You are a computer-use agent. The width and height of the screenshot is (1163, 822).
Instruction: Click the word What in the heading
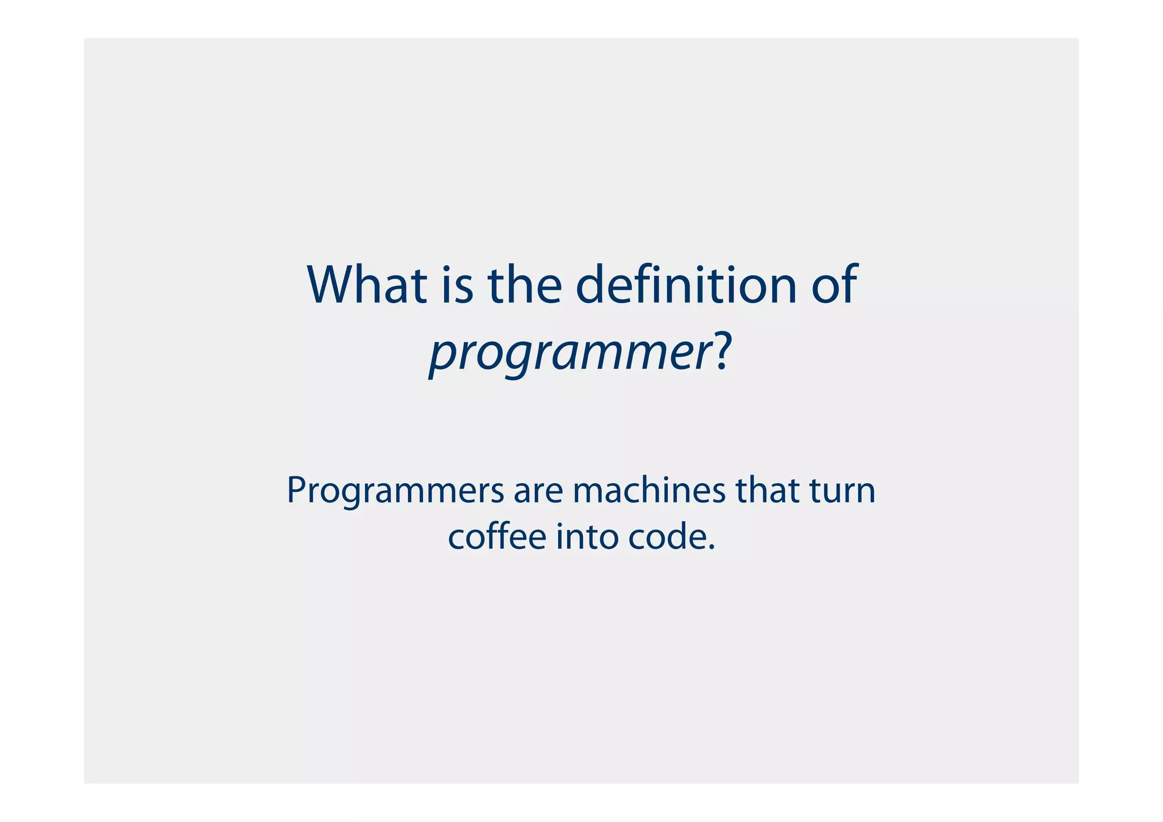[x=367, y=285]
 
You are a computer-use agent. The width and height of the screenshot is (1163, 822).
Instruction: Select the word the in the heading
[x=524, y=285]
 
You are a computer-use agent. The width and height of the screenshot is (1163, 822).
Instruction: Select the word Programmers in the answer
[x=395, y=491]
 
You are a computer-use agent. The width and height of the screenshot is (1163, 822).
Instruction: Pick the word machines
[x=649, y=490]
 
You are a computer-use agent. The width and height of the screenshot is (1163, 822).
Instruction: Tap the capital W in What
[x=333, y=285]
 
